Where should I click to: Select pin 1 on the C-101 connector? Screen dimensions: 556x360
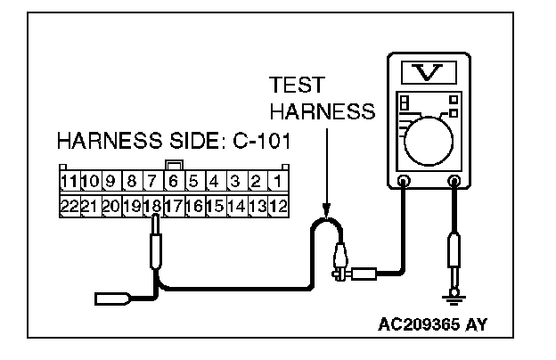point(278,183)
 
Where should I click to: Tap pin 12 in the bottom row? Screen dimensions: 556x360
point(278,205)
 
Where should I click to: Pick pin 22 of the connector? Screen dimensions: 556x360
point(69,205)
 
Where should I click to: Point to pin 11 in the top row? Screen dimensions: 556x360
point(69,183)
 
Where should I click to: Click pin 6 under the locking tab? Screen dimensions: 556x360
point(174,183)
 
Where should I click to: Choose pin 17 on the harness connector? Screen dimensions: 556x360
point(174,205)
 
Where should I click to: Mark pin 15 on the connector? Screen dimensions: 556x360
point(214,205)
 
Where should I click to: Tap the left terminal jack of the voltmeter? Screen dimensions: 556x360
point(404,183)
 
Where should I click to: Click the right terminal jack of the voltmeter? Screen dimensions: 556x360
point(455,183)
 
